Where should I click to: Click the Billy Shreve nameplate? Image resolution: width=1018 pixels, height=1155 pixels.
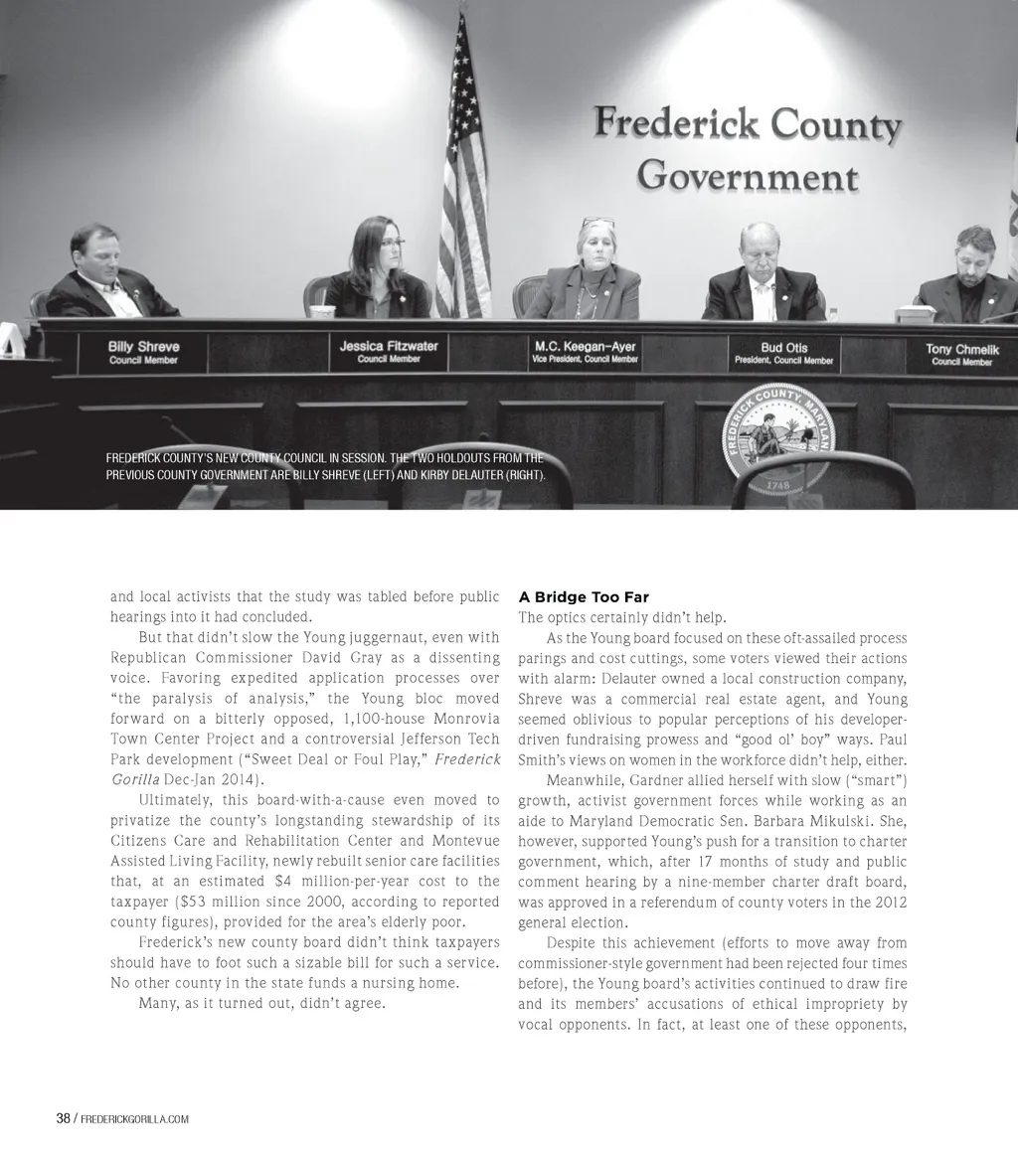click(144, 353)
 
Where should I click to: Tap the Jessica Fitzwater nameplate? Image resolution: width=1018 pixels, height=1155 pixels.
click(389, 351)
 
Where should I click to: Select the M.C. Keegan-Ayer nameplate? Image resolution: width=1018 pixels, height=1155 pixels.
click(585, 352)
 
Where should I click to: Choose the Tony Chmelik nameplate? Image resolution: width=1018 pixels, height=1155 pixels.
click(961, 355)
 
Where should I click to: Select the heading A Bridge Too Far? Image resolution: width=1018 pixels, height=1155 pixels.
click(584, 597)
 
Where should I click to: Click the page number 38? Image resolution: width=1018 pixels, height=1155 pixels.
click(63, 1118)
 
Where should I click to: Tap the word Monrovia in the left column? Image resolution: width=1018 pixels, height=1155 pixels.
click(463, 719)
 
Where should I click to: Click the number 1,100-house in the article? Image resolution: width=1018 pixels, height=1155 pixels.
click(384, 719)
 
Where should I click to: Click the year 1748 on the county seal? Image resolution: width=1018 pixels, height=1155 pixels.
click(778, 486)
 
